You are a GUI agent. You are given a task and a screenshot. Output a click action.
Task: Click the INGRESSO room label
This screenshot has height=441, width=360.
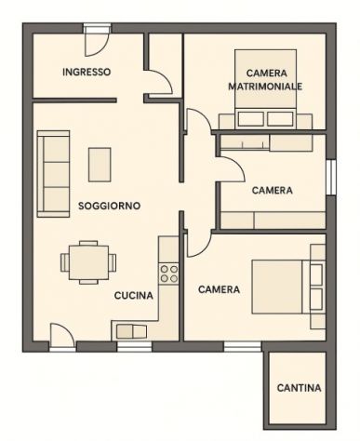(x=87, y=72)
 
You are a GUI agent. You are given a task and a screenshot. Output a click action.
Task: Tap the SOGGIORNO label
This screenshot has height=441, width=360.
(x=109, y=206)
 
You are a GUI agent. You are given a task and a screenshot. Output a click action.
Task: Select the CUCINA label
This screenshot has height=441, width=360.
(x=134, y=296)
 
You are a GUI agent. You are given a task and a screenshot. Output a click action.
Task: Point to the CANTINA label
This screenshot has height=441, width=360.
(x=299, y=388)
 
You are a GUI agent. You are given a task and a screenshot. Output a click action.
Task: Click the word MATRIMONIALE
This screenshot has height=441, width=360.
(x=265, y=87)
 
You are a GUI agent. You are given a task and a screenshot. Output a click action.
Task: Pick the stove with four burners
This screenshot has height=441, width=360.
(x=168, y=274)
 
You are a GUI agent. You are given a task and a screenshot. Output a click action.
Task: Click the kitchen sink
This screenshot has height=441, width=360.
(x=131, y=331)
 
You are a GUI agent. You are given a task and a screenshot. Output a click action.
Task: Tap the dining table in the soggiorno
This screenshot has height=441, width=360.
(x=88, y=262)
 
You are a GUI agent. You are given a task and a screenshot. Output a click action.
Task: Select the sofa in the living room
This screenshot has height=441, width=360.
(x=53, y=174)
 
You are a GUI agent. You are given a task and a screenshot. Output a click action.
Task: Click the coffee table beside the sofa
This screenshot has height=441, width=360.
(x=100, y=165)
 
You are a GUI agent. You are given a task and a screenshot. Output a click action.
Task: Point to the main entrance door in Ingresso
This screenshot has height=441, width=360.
(x=97, y=42)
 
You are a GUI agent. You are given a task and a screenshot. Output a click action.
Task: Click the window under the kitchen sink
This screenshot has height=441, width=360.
(x=134, y=347)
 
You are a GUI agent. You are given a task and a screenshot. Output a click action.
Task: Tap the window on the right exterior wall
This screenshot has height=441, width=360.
(x=331, y=177)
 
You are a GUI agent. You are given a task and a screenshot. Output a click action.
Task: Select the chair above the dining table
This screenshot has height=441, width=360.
(x=88, y=243)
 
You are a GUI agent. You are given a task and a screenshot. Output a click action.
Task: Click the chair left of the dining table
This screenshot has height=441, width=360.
(x=65, y=262)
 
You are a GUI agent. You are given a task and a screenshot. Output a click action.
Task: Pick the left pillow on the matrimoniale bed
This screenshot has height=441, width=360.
(x=251, y=119)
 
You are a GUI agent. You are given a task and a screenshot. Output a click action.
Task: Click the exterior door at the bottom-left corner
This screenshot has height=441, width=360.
(x=62, y=338)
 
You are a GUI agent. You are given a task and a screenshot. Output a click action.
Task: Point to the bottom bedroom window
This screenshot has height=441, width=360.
(x=243, y=347)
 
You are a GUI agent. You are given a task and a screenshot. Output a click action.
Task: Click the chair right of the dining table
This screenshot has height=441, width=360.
(x=113, y=262)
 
